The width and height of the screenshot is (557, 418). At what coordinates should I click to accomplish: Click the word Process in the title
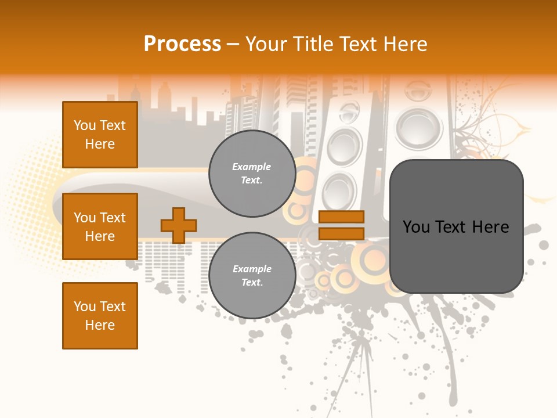pyautogui.click(x=182, y=44)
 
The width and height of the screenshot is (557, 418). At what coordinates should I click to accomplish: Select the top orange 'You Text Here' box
pyautogui.click(x=100, y=135)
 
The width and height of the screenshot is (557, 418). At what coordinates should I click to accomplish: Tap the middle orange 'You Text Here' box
pyautogui.click(x=100, y=226)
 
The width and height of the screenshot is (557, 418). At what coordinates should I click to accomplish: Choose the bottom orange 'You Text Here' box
pyautogui.click(x=100, y=316)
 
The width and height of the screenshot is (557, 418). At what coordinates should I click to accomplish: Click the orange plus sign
pyautogui.click(x=179, y=225)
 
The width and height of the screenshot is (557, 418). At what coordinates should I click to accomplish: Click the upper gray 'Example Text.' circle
pyautogui.click(x=252, y=174)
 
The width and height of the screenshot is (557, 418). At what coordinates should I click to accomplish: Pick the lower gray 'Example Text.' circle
pyautogui.click(x=252, y=276)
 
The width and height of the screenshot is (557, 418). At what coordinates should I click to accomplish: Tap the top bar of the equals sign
pyautogui.click(x=341, y=217)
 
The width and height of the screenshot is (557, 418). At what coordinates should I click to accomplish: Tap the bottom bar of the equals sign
pyautogui.click(x=341, y=233)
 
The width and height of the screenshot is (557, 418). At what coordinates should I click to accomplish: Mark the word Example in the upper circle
pyautogui.click(x=252, y=167)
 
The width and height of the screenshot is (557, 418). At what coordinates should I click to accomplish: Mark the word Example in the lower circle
pyautogui.click(x=252, y=269)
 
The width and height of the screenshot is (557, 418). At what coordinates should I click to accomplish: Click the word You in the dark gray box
pyautogui.click(x=416, y=227)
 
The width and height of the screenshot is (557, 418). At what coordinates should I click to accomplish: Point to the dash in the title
pyautogui.click(x=233, y=44)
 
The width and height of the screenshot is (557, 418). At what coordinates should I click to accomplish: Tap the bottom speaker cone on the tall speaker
pyautogui.click(x=339, y=190)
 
